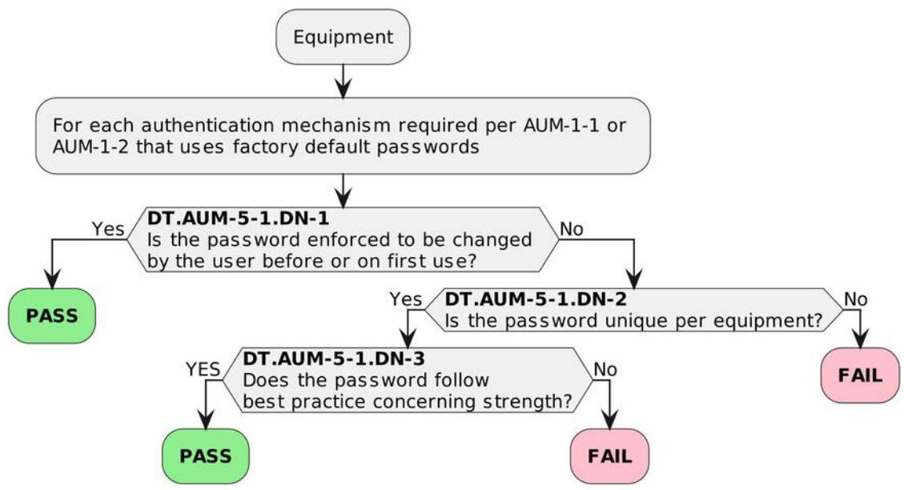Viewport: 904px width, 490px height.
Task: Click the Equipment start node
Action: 343,36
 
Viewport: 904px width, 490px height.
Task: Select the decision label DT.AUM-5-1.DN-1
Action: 238,218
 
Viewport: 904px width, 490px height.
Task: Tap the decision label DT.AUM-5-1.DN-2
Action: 536,299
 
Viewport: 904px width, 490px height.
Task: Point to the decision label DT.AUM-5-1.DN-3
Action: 334,359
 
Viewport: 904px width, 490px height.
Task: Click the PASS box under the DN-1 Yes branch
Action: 52,316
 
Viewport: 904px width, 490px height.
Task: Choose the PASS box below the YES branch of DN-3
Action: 205,456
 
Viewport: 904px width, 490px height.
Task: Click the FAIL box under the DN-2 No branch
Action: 860,376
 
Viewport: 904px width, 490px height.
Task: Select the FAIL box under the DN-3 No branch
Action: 609,456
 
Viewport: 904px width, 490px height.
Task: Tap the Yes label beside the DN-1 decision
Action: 108,229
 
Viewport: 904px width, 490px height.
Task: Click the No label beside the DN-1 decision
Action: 572,229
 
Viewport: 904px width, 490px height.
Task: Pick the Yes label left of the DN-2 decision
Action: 405,299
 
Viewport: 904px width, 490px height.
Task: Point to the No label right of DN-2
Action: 856,299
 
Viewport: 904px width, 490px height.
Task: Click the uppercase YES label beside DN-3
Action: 203,369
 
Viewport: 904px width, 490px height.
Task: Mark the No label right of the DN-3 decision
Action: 605,369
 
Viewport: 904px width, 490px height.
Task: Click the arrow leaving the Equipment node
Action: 343,81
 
